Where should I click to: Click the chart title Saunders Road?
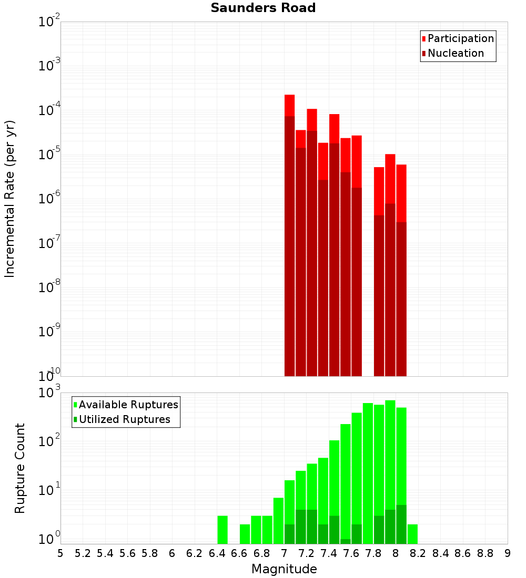click(263, 8)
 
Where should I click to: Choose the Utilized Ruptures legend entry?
click(124, 419)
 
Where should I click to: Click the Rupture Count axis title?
click(20, 468)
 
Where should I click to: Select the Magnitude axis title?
click(284, 569)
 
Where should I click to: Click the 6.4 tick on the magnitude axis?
click(217, 553)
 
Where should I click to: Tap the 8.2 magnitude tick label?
click(418, 553)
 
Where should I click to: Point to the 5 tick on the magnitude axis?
click(60, 553)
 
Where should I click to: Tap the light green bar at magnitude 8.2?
click(412, 534)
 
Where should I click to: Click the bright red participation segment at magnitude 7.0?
click(289, 105)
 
